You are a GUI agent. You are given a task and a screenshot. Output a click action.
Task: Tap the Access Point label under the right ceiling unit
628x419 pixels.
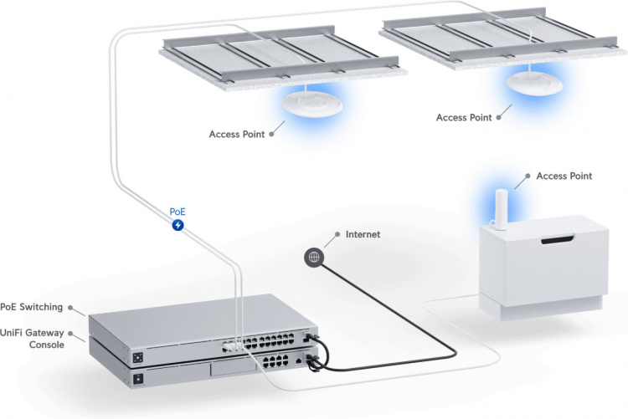point(464,118)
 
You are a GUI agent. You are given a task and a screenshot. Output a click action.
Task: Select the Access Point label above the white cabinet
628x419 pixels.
point(564,176)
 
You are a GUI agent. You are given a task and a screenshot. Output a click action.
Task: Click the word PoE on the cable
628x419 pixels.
point(178,212)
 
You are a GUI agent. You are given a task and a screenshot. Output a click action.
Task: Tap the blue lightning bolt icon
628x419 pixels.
point(178,226)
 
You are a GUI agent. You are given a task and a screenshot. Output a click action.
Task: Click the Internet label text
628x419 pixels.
point(363,235)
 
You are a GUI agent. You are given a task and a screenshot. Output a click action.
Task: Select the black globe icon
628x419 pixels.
point(314,257)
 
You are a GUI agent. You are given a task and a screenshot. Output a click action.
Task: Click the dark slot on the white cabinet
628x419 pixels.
point(557,241)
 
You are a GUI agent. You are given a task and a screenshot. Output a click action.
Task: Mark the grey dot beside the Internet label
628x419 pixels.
point(336,235)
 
